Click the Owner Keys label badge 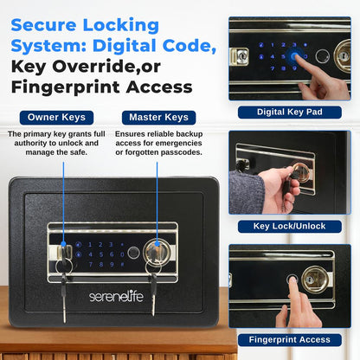[x=56, y=118]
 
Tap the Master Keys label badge [x=158, y=118]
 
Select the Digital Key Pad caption [x=290, y=112]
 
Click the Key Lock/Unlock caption [x=290, y=226]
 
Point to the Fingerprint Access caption [x=290, y=340]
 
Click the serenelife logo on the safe [x=116, y=296]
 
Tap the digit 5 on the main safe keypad [x=101, y=254]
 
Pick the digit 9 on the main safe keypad [x=112, y=264]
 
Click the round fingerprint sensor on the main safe [x=133, y=253]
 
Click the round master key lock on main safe [x=157, y=251]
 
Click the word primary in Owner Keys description [x=38, y=134]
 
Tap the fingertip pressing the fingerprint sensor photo [x=292, y=280]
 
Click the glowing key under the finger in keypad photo [x=295, y=56]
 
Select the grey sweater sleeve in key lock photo [x=247, y=191]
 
